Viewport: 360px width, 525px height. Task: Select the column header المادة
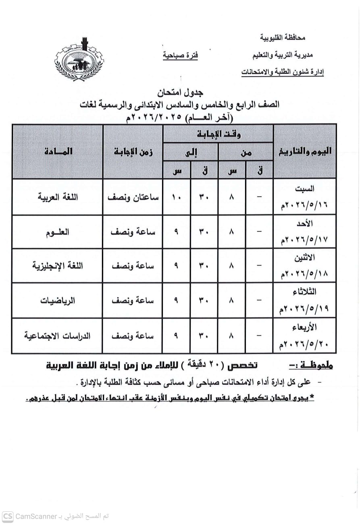point(58,151)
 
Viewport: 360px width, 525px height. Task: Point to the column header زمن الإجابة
point(133,152)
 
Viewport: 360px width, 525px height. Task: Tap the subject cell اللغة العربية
point(58,197)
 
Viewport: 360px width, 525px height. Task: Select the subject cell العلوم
point(58,232)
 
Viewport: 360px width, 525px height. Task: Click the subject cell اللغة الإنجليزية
point(58,266)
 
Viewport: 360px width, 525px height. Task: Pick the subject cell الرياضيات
point(58,301)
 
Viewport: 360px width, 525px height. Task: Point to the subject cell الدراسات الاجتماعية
point(58,336)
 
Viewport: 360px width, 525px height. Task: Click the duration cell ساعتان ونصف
point(133,197)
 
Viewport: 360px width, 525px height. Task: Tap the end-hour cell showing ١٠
point(176,197)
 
